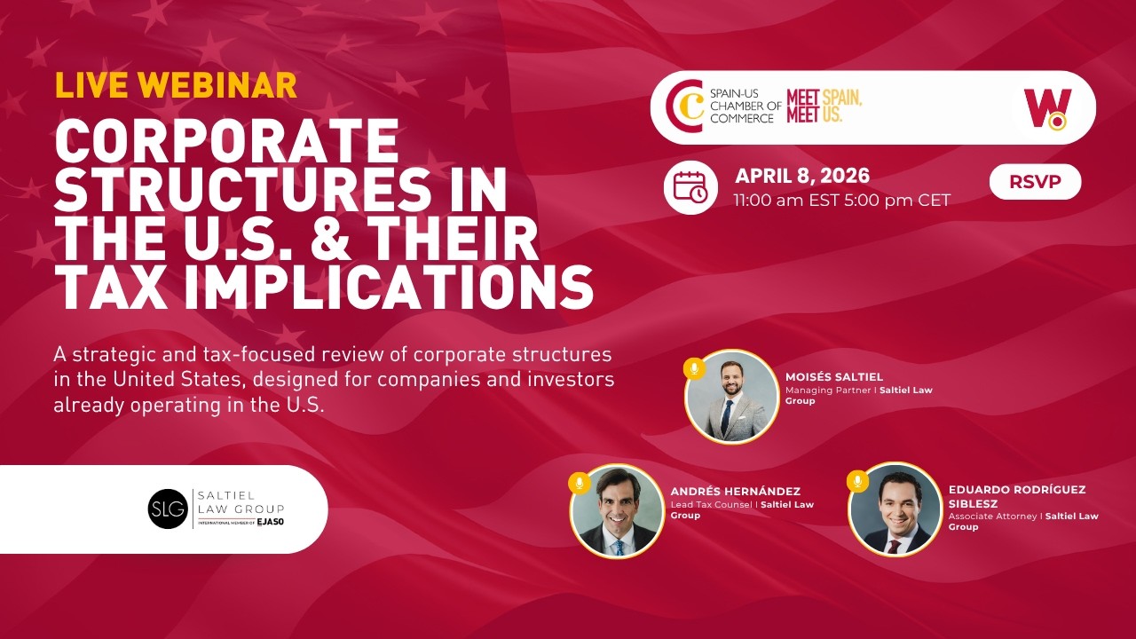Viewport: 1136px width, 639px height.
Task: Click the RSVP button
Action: pos(1035,182)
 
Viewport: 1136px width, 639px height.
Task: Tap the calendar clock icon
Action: pos(690,187)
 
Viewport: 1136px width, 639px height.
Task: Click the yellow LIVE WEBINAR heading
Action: pos(176,84)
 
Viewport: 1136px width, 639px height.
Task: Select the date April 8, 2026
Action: pos(801,175)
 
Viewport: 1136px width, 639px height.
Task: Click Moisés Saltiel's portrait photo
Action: pos(731,397)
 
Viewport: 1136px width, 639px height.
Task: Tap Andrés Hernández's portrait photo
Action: pos(617,510)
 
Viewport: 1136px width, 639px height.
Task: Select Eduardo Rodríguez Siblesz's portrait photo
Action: pos(895,510)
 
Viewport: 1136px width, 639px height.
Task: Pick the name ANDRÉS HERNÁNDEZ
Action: pos(736,491)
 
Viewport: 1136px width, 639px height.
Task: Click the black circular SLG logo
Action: pos(168,509)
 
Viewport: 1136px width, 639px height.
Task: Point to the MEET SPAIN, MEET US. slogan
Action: pos(824,106)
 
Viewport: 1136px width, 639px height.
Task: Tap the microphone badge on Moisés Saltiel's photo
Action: pos(694,368)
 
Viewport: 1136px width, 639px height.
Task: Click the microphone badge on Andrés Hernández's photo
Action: pos(580,483)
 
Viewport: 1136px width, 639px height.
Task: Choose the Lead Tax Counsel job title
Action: pos(711,505)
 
